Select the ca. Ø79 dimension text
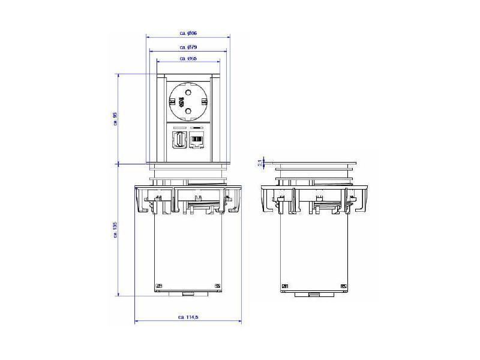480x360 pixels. pos(189,47)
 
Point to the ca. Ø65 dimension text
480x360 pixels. pos(189,58)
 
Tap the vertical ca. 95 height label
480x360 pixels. pos(115,118)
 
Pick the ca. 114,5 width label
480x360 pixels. pos(188,317)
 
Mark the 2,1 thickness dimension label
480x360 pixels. pos(260,162)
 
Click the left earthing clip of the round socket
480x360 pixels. pos(174,101)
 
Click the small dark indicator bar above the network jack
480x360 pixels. pos(197,128)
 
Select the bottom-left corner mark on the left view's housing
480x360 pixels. pos(159,286)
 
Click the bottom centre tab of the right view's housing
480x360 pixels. pos(314,294)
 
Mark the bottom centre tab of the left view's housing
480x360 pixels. pos(188,294)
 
